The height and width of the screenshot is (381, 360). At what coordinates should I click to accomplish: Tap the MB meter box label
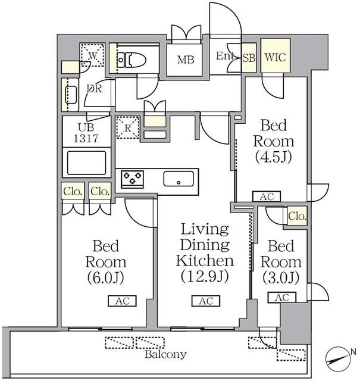[x=184, y=59]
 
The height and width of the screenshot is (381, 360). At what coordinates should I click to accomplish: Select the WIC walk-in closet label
[x=275, y=58]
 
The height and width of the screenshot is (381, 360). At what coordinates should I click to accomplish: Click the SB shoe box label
[x=249, y=58]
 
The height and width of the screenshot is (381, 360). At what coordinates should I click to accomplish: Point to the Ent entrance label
[x=225, y=57]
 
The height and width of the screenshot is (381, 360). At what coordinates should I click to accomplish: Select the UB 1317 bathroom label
[x=87, y=133]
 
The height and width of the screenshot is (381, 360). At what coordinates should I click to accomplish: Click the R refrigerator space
[x=127, y=127]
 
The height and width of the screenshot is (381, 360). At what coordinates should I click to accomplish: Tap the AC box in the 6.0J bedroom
[x=123, y=301]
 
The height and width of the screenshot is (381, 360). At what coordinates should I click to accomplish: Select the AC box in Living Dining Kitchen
[x=206, y=301]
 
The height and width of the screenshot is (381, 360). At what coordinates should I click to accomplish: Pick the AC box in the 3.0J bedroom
[x=282, y=298]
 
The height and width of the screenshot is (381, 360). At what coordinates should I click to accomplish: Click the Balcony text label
[x=166, y=354]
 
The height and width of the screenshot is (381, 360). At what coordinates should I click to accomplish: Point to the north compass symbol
[x=340, y=359]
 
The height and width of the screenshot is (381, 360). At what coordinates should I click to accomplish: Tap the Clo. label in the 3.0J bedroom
[x=296, y=217]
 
